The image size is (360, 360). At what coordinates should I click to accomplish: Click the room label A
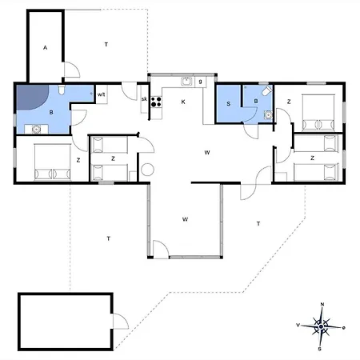[45, 48]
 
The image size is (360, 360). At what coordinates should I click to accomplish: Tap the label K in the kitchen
[183, 102]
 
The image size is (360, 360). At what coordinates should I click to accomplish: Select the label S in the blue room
[229, 104]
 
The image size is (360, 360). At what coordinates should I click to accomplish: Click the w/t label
[102, 94]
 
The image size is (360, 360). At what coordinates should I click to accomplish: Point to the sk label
[144, 99]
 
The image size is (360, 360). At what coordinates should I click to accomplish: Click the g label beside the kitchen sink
[200, 82]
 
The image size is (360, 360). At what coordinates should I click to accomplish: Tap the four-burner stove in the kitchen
[156, 102]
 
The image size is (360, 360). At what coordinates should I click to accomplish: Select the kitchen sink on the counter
[186, 82]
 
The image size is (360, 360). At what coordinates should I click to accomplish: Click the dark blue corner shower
[33, 97]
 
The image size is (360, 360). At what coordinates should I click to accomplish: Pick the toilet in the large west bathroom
[62, 90]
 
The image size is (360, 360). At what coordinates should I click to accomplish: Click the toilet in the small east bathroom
[267, 90]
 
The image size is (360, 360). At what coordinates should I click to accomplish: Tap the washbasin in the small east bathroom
[268, 114]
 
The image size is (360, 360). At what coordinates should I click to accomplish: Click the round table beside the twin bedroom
[147, 170]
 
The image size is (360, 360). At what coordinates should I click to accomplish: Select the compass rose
[321, 326]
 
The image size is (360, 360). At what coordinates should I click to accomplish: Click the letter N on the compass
[322, 305]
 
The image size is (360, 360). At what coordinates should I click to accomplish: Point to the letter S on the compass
[319, 349]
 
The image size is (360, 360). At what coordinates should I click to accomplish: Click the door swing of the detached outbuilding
[121, 321]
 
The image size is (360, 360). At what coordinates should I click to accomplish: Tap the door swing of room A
[72, 70]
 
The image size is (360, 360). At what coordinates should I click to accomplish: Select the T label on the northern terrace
[106, 44]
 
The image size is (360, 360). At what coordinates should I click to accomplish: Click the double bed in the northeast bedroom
[318, 112]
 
